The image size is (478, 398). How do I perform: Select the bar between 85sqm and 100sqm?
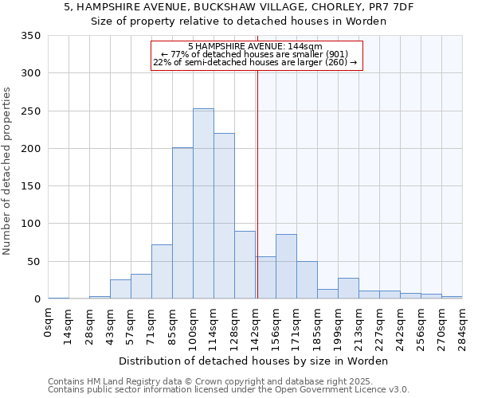182,224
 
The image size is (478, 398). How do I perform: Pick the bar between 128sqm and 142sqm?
245,265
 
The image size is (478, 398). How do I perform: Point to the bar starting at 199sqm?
348,289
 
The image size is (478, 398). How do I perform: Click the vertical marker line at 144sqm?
257,183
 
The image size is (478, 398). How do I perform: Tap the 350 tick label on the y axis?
30,36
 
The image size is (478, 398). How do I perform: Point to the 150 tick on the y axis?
30,186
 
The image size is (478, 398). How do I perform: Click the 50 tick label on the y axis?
33,262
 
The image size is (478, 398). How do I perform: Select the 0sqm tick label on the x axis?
49,322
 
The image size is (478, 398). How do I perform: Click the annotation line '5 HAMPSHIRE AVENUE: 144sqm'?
256,46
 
